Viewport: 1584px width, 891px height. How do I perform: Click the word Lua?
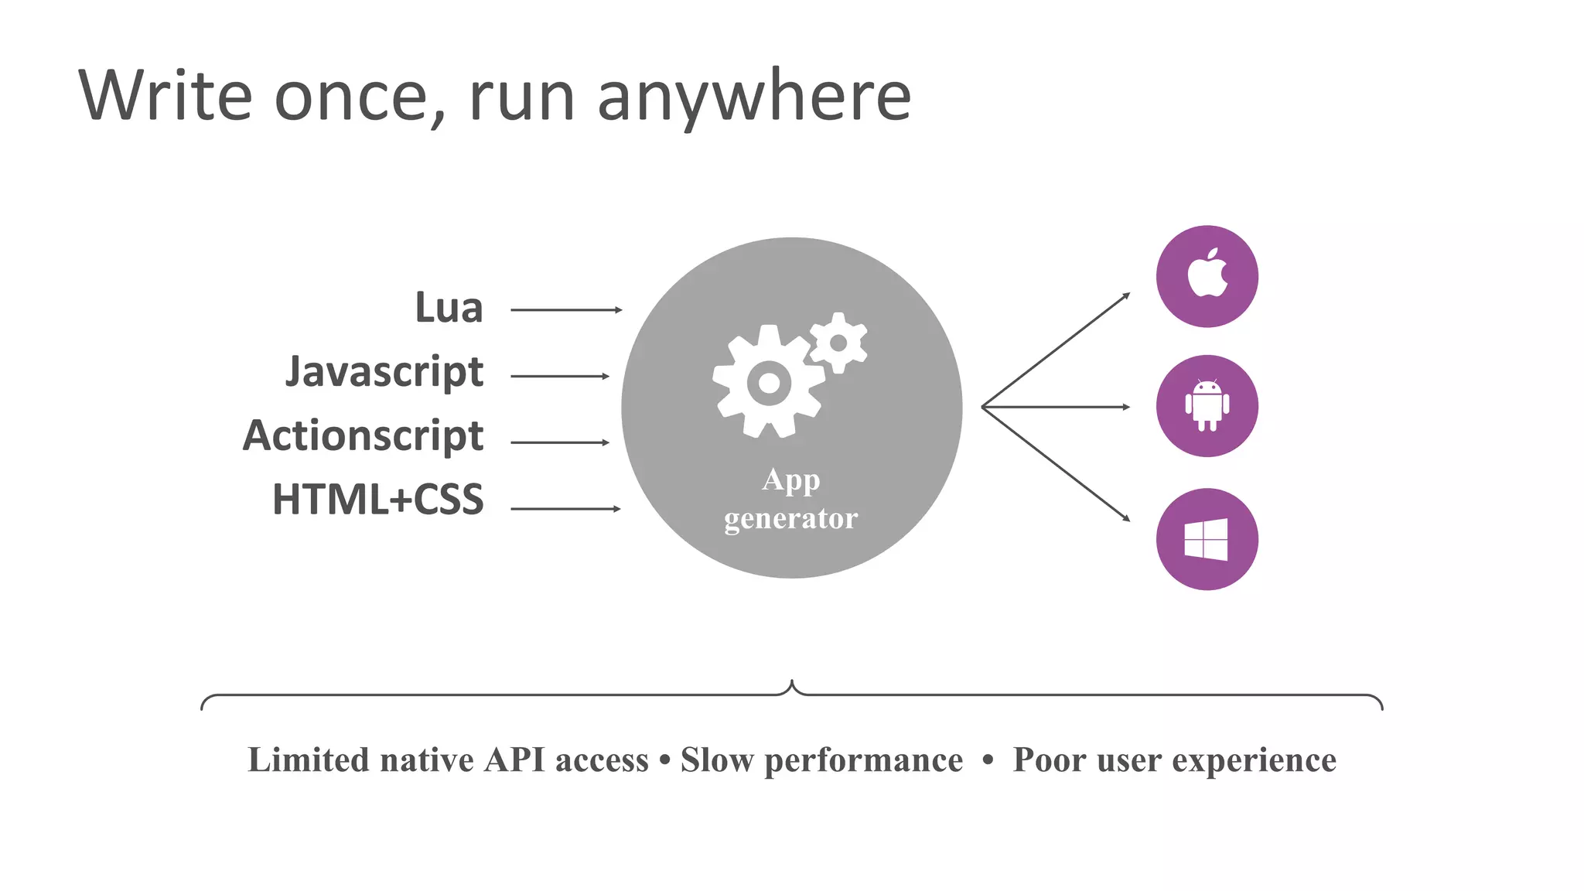[449, 308]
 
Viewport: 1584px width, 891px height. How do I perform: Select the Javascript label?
[384, 373]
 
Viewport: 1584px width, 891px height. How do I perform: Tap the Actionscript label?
[363, 436]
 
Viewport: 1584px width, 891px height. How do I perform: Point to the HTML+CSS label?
[377, 500]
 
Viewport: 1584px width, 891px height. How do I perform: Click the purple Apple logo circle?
[1207, 276]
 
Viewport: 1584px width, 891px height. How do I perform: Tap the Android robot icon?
[1207, 405]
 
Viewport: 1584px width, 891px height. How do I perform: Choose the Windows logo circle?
[1207, 539]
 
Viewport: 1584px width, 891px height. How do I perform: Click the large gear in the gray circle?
[768, 382]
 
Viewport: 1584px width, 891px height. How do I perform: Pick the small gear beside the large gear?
[838, 343]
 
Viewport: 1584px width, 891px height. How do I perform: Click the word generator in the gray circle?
[790, 518]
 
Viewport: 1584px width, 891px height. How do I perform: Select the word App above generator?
[790, 481]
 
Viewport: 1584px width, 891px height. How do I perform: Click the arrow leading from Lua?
[566, 310]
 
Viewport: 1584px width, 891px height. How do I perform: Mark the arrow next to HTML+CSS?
[565, 509]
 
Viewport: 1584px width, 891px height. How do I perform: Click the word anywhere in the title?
[754, 97]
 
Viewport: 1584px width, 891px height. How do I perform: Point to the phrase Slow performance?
[821, 760]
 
